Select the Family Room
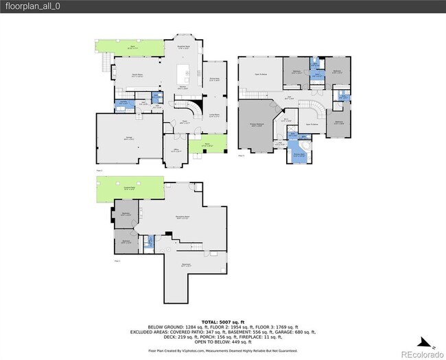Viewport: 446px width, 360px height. tap(138, 75)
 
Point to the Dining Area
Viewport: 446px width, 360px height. tap(214, 79)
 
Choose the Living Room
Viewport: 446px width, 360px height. tap(214, 115)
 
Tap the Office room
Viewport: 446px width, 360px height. tap(176, 150)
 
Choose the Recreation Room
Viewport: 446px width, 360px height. tap(181, 218)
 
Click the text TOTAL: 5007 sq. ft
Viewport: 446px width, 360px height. tap(223, 321)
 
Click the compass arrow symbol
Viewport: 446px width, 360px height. tap(426, 341)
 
